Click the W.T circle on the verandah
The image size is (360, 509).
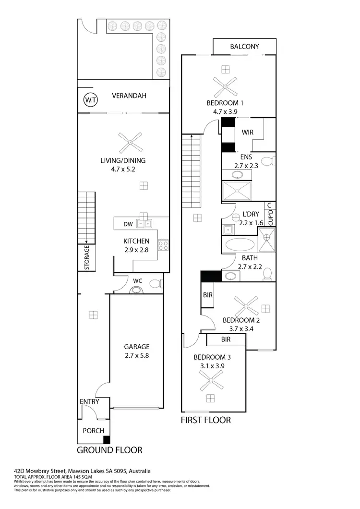click(x=90, y=100)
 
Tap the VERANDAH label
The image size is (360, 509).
click(x=129, y=96)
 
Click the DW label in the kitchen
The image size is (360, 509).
click(x=128, y=223)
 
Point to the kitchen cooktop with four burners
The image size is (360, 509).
click(x=163, y=245)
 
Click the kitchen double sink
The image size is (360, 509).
click(x=144, y=223)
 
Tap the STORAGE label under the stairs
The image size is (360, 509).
click(x=87, y=258)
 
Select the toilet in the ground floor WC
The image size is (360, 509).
click(x=155, y=284)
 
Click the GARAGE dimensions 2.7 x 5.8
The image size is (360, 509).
click(x=137, y=356)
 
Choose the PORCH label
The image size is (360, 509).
click(x=94, y=431)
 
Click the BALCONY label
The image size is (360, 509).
click(x=244, y=47)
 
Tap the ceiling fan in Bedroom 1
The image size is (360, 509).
click(x=225, y=87)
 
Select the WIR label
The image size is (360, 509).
click(x=248, y=132)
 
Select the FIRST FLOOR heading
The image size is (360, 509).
click(x=205, y=420)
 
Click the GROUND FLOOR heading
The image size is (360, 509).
click(x=109, y=450)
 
